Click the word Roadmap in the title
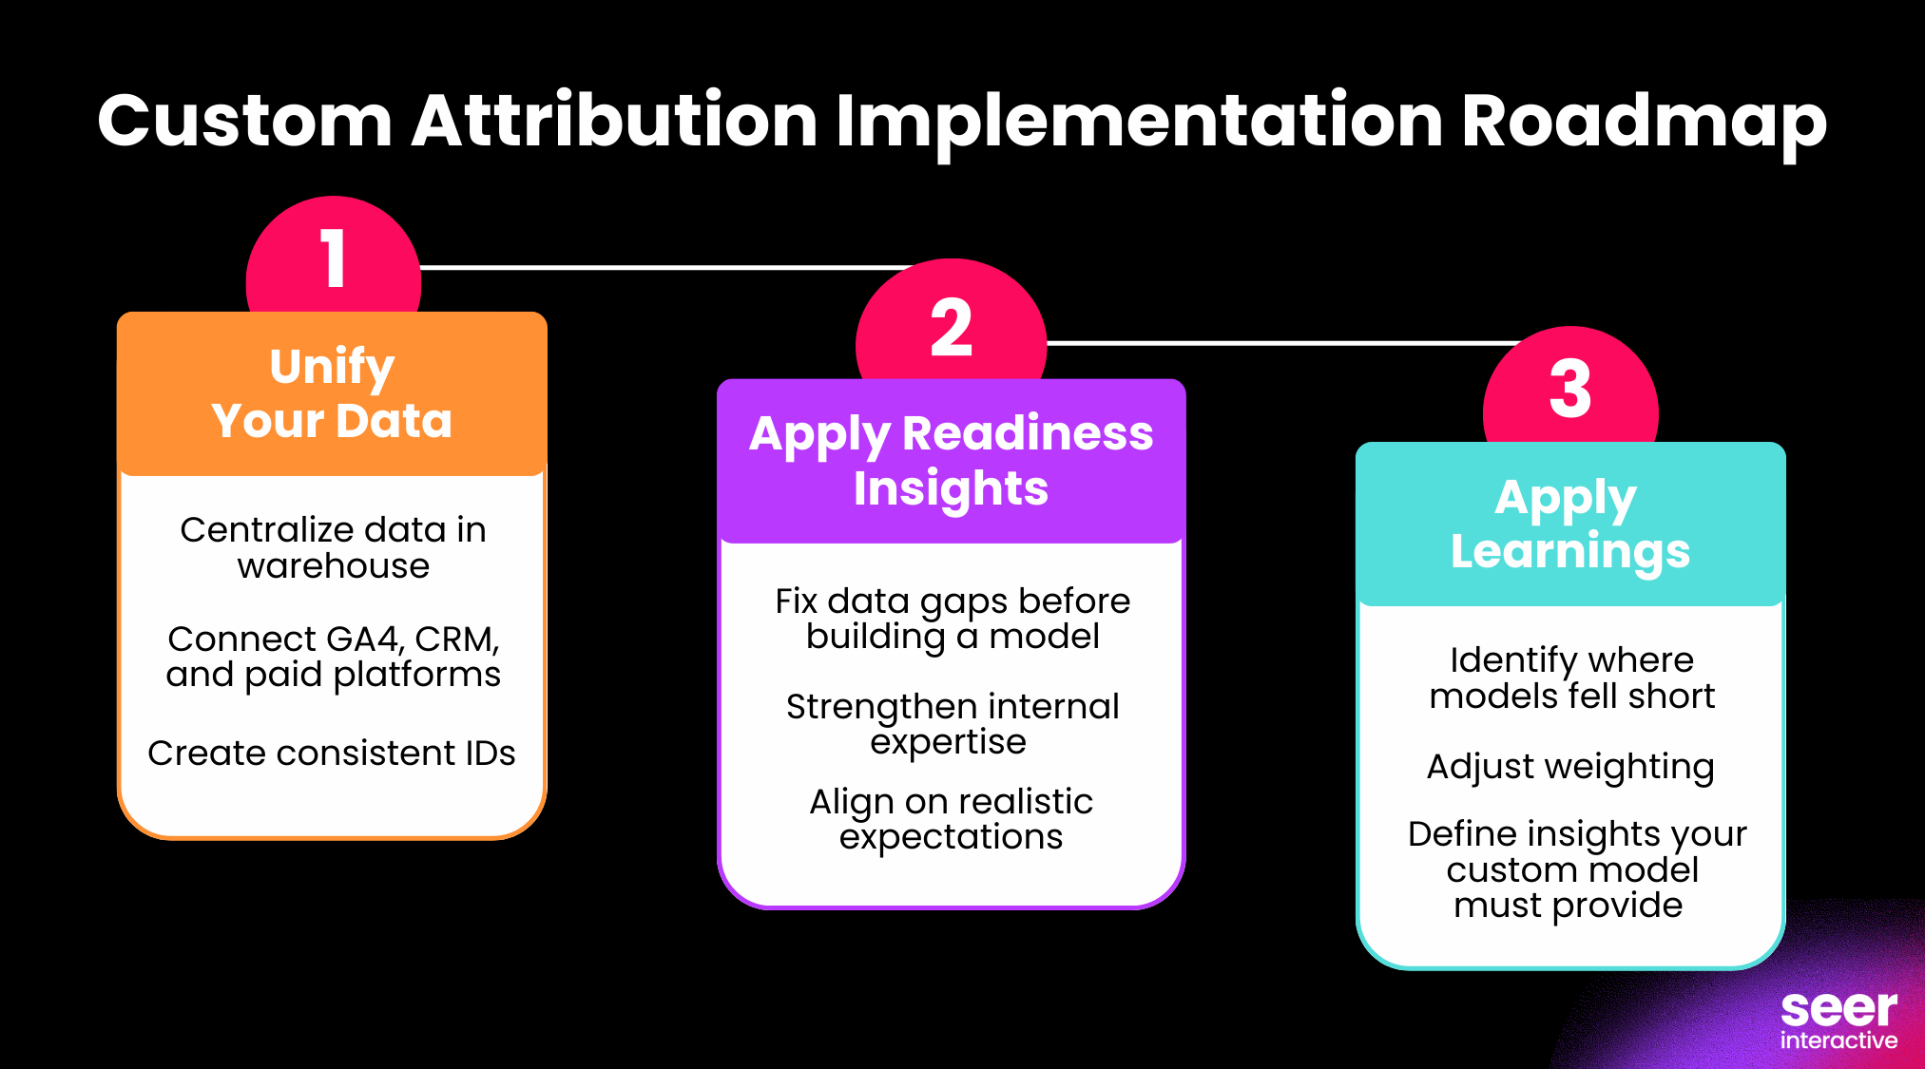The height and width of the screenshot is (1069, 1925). (x=1643, y=122)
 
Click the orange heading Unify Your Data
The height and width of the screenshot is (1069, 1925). (x=332, y=393)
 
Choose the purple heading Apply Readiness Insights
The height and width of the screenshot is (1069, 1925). (x=951, y=461)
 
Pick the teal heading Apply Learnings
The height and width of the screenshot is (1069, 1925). (x=1569, y=525)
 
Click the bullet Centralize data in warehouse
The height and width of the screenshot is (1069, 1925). (x=333, y=547)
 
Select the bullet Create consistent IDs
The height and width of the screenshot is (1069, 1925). (x=332, y=754)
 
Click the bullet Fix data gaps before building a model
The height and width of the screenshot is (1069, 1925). (x=952, y=619)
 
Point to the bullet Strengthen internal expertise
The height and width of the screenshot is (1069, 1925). (x=952, y=724)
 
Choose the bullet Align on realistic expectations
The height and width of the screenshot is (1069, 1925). (x=951, y=819)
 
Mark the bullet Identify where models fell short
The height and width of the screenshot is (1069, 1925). (x=1571, y=678)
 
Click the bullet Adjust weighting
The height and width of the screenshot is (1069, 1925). (x=1570, y=767)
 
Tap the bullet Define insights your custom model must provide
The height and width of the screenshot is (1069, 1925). (x=1575, y=869)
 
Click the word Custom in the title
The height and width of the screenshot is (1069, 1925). (x=245, y=122)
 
